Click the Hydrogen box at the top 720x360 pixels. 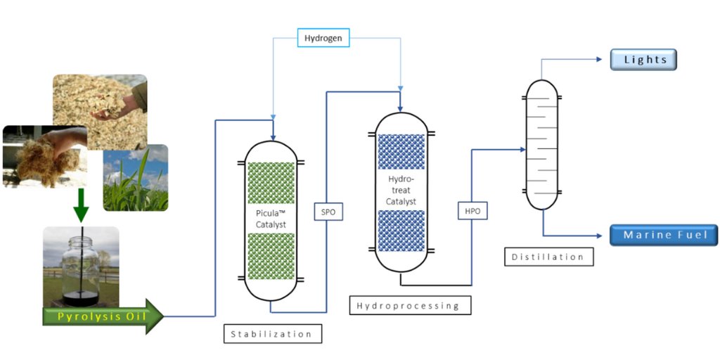tap(323, 38)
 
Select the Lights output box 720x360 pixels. tap(643, 60)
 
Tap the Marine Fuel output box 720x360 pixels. tap(663, 235)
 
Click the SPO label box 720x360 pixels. tap(328, 212)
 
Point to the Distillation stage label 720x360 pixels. tap(548, 257)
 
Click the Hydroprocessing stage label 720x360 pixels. tap(410, 305)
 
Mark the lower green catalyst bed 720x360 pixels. tap(271, 257)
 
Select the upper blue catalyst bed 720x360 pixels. tap(401, 152)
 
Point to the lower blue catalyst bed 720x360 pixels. tap(401, 231)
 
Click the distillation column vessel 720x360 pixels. tap(543, 144)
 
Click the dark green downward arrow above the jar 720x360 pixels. tap(82, 205)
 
